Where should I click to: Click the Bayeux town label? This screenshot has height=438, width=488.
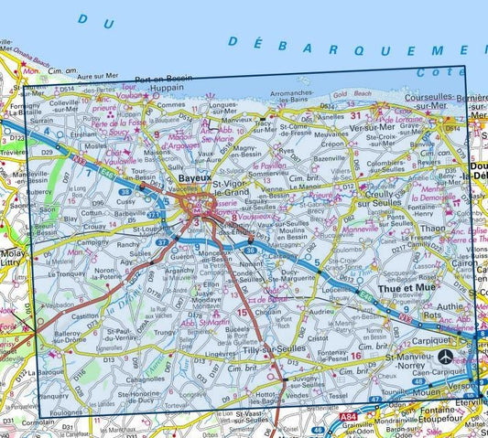point(194,179)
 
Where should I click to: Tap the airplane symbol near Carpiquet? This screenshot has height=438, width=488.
point(444,357)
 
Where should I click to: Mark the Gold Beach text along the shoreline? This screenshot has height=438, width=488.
point(352,95)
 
